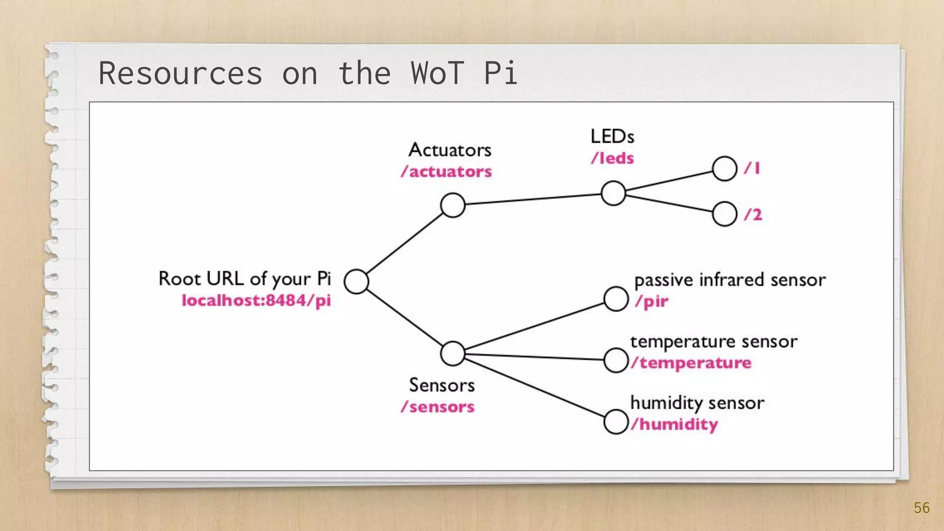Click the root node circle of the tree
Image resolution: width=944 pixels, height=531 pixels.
tap(356, 282)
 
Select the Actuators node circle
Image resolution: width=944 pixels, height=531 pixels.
tap(453, 205)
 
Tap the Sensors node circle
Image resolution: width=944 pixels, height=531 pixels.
tap(453, 354)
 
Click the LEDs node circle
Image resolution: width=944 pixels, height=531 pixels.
tap(614, 193)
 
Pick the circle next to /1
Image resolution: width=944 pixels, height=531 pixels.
tap(724, 169)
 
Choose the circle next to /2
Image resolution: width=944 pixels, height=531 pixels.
tap(724, 214)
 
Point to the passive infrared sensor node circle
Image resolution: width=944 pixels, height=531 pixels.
tap(616, 299)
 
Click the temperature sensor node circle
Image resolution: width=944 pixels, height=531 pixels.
tap(616, 360)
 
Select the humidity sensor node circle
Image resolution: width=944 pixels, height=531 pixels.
tap(616, 422)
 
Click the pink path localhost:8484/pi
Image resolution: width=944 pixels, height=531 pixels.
tap(256, 301)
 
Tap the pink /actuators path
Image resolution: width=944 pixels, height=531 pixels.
tap(446, 171)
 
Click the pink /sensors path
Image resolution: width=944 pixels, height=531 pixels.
tap(437, 407)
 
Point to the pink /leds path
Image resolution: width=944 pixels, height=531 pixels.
tap(613, 158)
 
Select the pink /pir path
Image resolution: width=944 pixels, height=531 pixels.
tap(651, 301)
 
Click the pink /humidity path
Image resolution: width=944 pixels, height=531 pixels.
tap(674, 424)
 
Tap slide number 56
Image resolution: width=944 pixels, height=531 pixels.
tap(921, 508)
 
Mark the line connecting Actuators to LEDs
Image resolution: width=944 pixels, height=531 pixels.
tap(533, 199)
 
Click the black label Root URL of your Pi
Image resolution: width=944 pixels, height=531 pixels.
tap(245, 279)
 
